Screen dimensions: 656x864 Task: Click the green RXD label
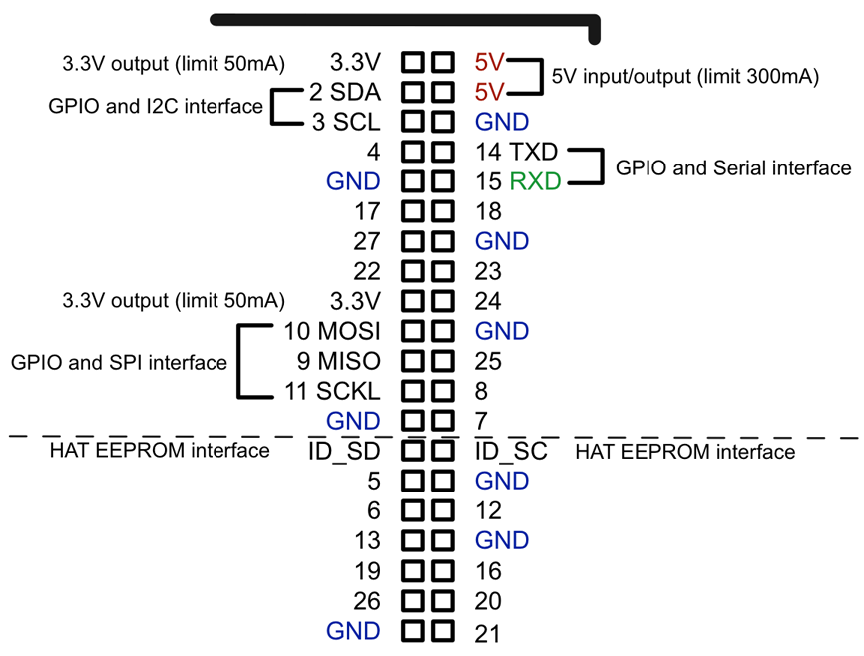point(535,181)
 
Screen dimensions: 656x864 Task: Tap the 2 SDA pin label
point(344,92)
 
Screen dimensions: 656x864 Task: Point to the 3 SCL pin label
point(345,122)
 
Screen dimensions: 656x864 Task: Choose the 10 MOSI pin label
point(332,331)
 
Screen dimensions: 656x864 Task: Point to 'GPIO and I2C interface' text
point(155,106)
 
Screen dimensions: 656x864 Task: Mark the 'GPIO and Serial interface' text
point(733,167)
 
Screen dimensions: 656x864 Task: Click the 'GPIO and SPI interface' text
point(119,363)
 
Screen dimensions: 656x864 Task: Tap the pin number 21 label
point(488,631)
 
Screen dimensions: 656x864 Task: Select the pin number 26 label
point(367,601)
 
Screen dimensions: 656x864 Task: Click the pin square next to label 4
point(415,152)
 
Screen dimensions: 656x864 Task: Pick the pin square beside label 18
point(442,211)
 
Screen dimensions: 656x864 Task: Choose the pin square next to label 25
point(442,361)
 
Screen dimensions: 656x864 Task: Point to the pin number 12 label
point(488,510)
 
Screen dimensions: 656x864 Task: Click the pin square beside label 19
point(415,570)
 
